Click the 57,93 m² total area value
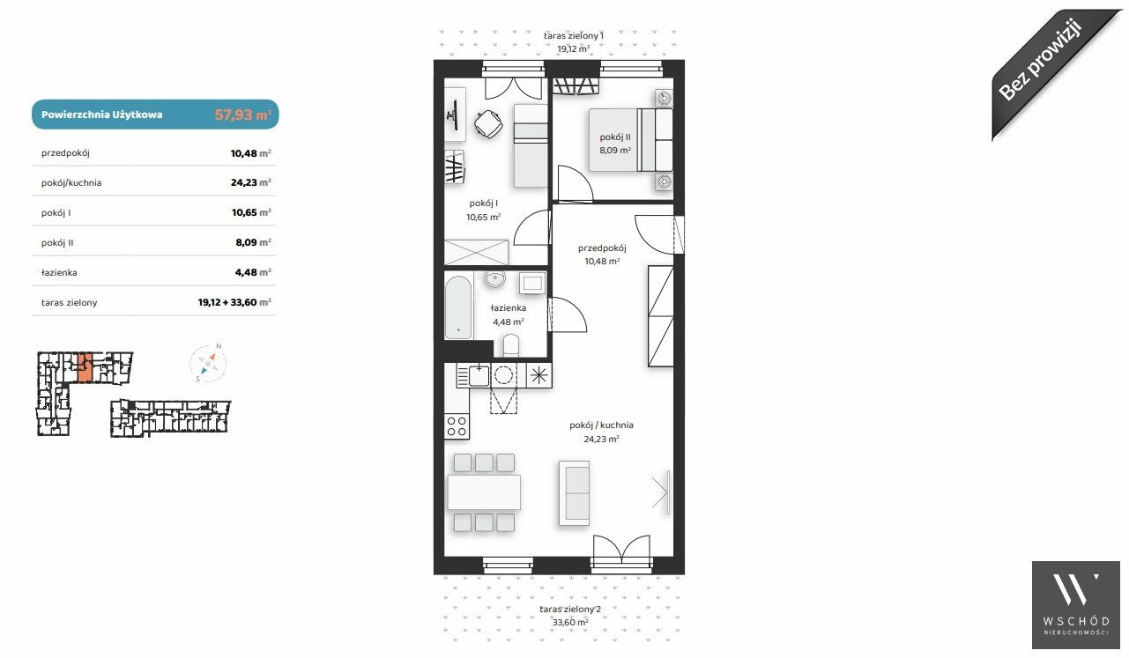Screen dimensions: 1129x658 243,115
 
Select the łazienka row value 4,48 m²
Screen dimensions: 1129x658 253,272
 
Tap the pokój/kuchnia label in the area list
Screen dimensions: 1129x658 71,183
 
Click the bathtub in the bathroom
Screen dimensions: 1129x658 458,307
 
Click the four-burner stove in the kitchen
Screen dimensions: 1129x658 457,426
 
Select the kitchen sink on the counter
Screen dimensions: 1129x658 479,376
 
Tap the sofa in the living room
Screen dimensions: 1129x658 574,493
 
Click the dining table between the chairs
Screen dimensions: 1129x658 484,492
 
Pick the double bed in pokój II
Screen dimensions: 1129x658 631,139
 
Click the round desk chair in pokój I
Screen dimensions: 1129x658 488,123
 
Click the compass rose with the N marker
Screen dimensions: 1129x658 208,363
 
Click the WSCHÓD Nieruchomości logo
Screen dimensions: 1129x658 1075,605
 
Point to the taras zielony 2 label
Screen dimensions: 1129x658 570,610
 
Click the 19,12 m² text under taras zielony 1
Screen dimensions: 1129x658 574,48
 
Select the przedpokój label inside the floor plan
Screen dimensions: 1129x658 602,248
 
